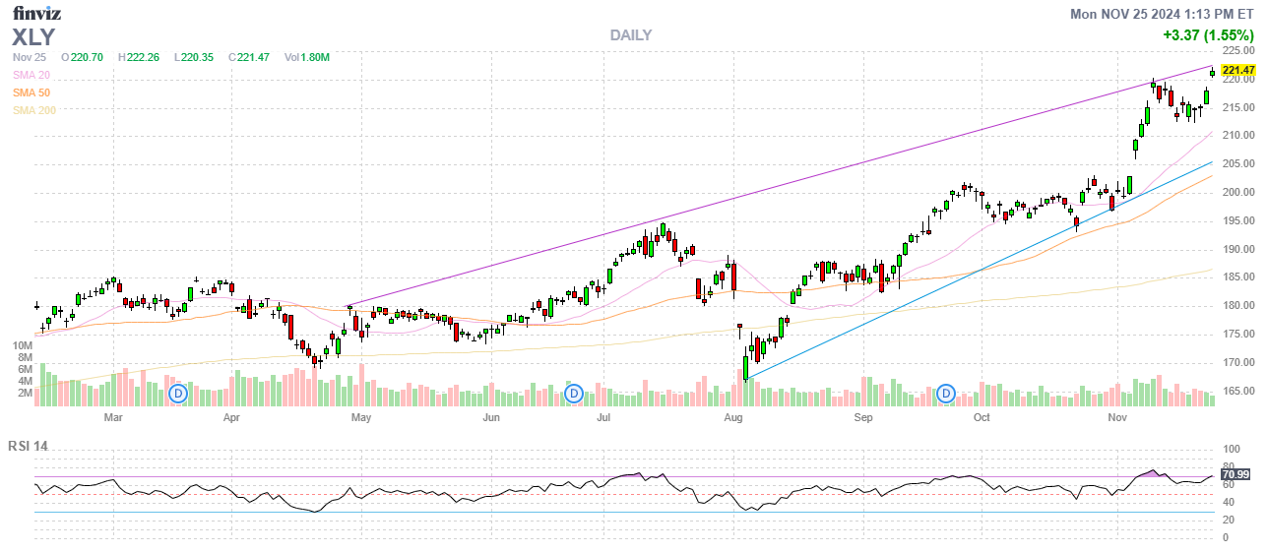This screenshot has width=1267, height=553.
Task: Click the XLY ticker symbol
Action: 33,37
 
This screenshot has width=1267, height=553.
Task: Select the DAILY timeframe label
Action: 630,35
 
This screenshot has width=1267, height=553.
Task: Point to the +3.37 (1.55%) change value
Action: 1208,35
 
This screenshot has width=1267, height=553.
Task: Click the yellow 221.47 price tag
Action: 1237,70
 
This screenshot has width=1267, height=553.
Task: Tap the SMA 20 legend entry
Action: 32,75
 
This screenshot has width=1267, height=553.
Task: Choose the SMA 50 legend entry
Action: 32,92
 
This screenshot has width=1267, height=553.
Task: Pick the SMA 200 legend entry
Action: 34,110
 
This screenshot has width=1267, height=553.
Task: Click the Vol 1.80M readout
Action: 306,58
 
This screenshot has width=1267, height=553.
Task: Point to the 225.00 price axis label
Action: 1238,50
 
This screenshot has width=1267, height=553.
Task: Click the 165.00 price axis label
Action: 1238,392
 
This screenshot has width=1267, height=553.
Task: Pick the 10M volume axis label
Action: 23,346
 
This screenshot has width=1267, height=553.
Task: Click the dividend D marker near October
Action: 946,394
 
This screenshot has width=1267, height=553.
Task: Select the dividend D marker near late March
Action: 178,394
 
